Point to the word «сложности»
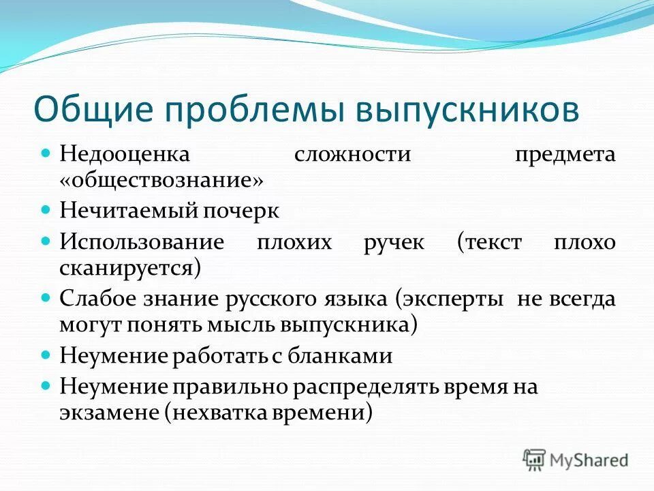(353, 154)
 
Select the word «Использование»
(142, 241)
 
